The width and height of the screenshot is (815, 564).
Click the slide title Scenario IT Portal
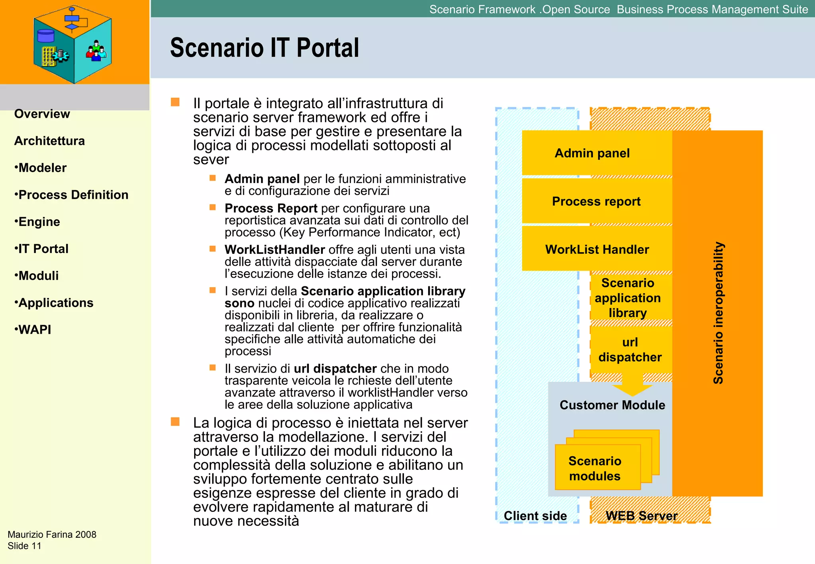264,48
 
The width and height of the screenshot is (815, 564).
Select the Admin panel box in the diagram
592,153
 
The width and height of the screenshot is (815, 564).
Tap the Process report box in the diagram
596,201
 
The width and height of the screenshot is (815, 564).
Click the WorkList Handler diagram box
597,249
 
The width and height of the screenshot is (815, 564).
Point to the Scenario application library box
628,298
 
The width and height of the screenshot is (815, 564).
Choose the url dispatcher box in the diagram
630,350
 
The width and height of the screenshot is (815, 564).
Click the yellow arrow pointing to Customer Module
632,385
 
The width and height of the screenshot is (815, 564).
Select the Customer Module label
612,405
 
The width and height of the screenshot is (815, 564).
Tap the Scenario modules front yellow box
595,468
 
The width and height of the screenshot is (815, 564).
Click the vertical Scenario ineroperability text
718,313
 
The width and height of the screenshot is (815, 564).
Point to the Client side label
535,515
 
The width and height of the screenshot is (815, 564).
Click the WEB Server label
641,515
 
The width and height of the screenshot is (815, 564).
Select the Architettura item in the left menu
49,141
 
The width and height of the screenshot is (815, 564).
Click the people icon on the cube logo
96,51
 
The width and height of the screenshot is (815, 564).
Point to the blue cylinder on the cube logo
45,36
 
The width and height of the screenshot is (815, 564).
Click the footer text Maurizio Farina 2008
52,535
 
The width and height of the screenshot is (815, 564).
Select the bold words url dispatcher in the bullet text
335,369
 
